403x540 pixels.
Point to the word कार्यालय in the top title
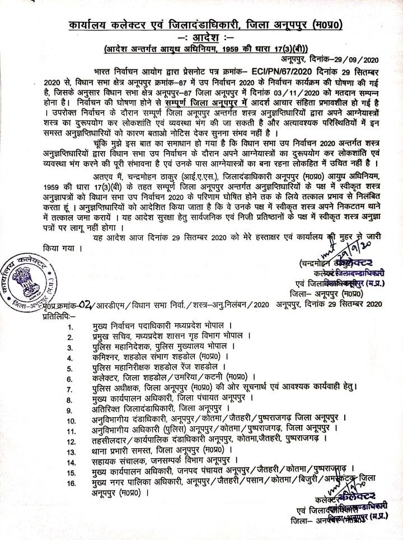coord(92,25)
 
